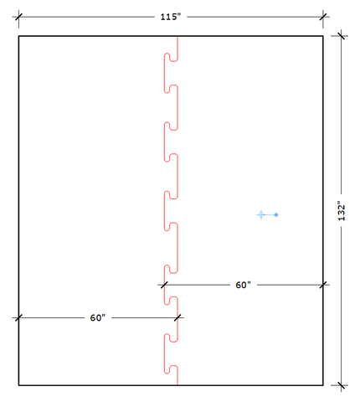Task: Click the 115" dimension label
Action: click(x=171, y=17)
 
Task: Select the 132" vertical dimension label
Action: click(x=342, y=211)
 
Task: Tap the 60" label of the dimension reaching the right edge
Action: click(x=243, y=285)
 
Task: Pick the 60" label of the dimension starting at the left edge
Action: click(x=98, y=317)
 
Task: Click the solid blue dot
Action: click(x=276, y=214)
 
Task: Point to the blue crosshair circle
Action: click(x=261, y=214)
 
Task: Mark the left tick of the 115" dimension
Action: click(x=18, y=17)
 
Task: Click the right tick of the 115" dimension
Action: click(x=323, y=17)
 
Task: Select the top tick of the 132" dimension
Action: click(x=341, y=36)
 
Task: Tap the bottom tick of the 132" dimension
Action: click(x=341, y=385)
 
